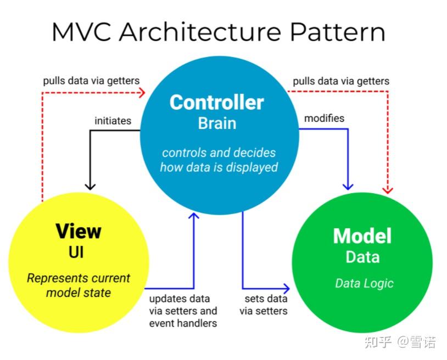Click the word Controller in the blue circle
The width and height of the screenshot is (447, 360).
coord(217,102)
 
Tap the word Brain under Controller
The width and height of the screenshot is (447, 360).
coord(217,123)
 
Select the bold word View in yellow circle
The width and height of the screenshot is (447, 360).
coord(79,231)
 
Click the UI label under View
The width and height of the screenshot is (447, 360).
coord(79,252)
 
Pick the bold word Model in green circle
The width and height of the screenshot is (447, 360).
coord(362,236)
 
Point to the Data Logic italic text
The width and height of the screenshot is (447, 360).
coord(364,283)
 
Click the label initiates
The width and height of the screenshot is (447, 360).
coord(113,120)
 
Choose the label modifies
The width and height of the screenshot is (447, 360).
coord(324,118)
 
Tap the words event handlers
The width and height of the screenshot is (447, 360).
coord(183,323)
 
